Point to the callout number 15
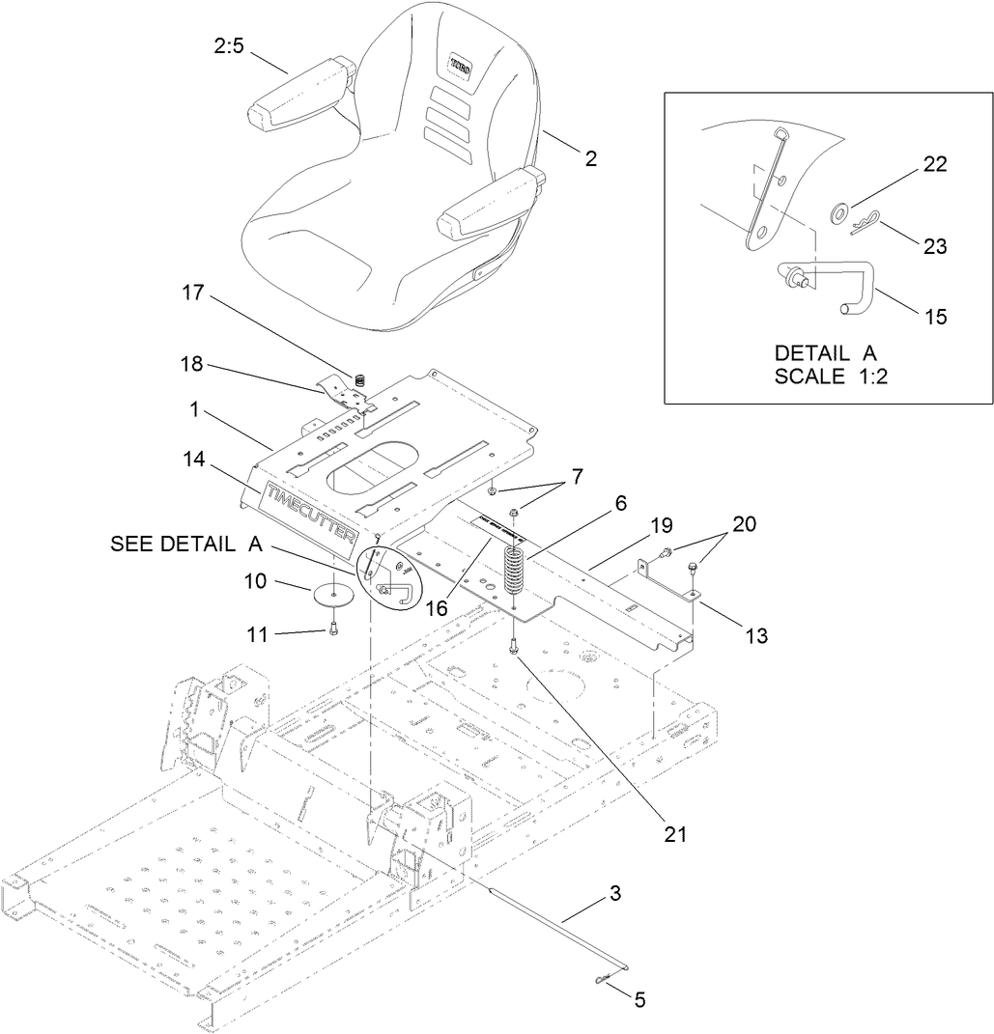[935, 316]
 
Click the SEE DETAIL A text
[186, 545]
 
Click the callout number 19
[661, 526]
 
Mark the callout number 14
[194, 461]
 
